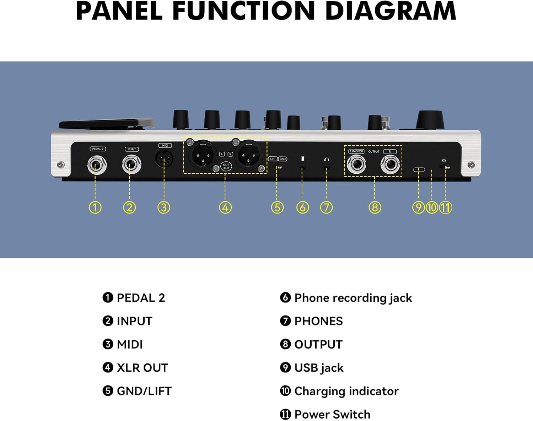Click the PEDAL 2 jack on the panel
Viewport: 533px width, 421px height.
(97, 165)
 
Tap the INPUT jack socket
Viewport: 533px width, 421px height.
(131, 165)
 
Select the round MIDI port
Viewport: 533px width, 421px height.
(164, 159)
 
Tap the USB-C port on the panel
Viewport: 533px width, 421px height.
(419, 169)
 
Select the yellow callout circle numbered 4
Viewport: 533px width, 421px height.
(225, 207)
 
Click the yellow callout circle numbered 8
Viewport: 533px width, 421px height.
(375, 207)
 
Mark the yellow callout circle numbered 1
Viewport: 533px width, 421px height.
(95, 207)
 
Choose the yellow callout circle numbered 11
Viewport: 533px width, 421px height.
(446, 207)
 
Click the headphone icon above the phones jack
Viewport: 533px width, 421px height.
(327, 160)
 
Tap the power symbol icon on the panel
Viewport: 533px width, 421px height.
(444, 161)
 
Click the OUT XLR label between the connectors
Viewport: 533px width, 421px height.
(226, 166)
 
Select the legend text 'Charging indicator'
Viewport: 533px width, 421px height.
(346, 391)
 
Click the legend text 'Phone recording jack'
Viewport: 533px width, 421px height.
(353, 298)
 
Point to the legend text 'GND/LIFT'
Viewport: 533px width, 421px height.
(144, 391)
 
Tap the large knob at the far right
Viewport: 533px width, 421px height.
(430, 120)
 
